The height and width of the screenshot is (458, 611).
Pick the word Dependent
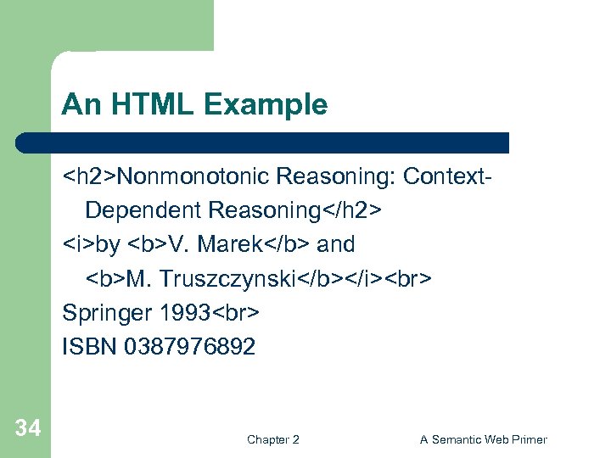(x=143, y=210)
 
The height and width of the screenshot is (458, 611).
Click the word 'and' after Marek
(x=335, y=244)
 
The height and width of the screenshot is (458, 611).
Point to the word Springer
(x=108, y=312)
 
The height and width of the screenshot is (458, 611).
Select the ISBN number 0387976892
(x=189, y=346)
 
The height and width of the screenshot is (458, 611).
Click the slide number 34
(x=27, y=428)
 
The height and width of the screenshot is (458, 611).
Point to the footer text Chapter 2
(x=272, y=439)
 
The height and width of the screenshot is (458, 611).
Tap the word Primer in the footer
(x=530, y=439)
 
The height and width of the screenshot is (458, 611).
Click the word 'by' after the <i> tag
(x=108, y=244)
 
